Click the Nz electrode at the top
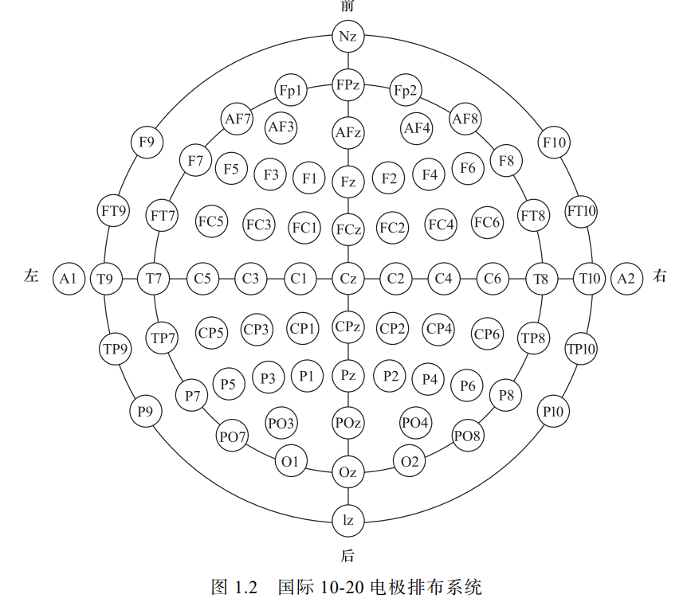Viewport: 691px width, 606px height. point(347,37)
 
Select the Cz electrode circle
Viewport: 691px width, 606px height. point(347,278)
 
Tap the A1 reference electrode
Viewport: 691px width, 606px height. point(68,278)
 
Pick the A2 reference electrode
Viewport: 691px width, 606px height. point(626,278)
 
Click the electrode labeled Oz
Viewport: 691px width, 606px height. point(347,472)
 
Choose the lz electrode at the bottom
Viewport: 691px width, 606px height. point(347,521)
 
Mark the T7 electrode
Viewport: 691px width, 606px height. point(154,278)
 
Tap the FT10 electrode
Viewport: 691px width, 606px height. point(582,212)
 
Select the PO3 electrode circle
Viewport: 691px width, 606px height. point(281,422)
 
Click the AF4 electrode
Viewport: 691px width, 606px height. point(417,127)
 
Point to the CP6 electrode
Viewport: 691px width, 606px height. point(487,334)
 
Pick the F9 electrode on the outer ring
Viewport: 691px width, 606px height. point(147,143)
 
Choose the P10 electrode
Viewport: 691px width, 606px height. point(553,412)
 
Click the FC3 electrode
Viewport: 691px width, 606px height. point(259,225)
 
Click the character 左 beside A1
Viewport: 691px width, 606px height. point(31,277)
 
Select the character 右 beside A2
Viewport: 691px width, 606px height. point(660,277)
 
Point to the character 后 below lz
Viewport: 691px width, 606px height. point(347,554)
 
